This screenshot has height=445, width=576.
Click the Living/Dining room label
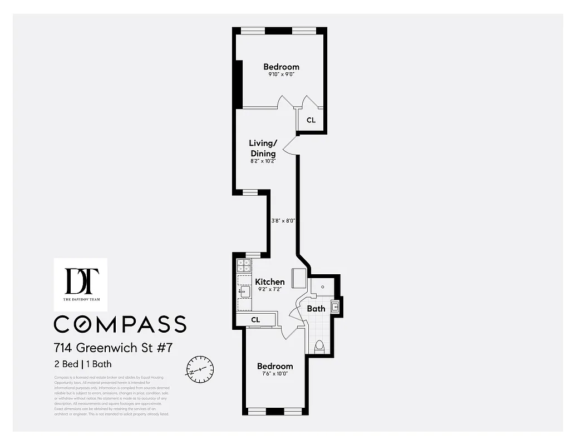tap(263, 148)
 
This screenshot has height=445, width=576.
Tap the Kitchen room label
tap(270, 282)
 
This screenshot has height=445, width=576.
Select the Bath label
tap(316, 308)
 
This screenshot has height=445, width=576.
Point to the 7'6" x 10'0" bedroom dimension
tap(274, 374)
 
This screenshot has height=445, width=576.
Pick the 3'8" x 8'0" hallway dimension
tap(283, 220)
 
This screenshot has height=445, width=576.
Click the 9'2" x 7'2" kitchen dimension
tap(270, 290)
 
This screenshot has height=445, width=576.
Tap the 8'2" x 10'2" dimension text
tap(263, 161)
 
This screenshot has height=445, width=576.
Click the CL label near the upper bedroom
tap(311, 120)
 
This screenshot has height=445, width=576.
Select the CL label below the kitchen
tap(255, 320)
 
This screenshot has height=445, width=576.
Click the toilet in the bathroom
tap(319, 347)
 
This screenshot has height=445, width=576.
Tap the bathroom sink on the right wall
tap(335, 306)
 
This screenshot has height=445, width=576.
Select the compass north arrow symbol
tap(200, 369)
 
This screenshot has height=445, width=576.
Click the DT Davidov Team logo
tap(81, 284)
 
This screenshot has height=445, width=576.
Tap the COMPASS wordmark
tap(120, 324)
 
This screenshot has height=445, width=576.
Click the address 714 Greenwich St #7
tap(114, 348)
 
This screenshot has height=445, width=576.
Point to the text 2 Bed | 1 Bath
tap(83, 364)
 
